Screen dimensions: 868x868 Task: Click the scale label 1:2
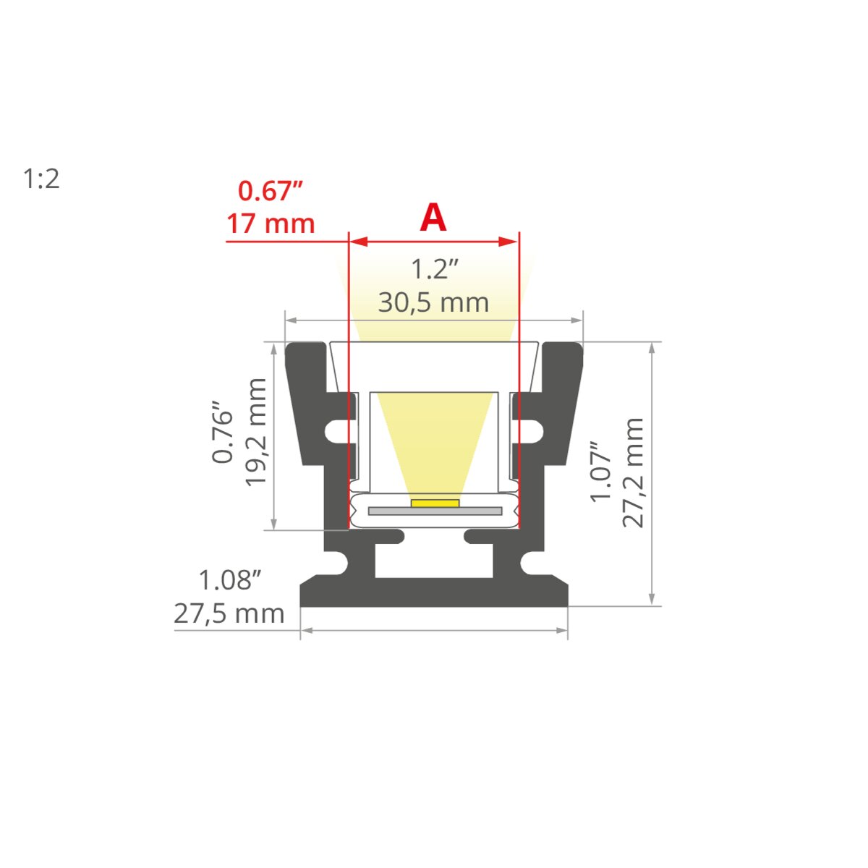point(41,179)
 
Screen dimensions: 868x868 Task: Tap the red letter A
point(433,218)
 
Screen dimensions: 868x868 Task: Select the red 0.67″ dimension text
point(271,190)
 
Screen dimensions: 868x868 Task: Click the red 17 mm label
point(271,224)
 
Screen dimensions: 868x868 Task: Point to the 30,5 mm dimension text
point(433,302)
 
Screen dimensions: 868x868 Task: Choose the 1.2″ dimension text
point(434,269)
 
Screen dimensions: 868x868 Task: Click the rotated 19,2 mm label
point(255,433)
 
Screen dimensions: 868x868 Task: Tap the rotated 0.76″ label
point(223,431)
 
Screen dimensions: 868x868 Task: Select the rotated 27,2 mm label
point(632,472)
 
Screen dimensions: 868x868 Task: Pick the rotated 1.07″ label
point(600,472)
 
